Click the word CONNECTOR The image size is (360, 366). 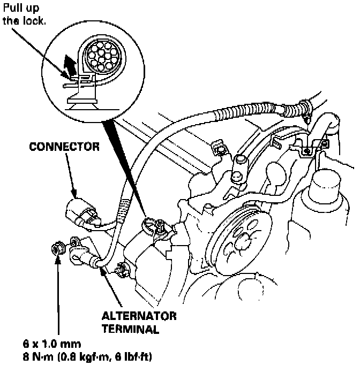pyautogui.click(x=65, y=146)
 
